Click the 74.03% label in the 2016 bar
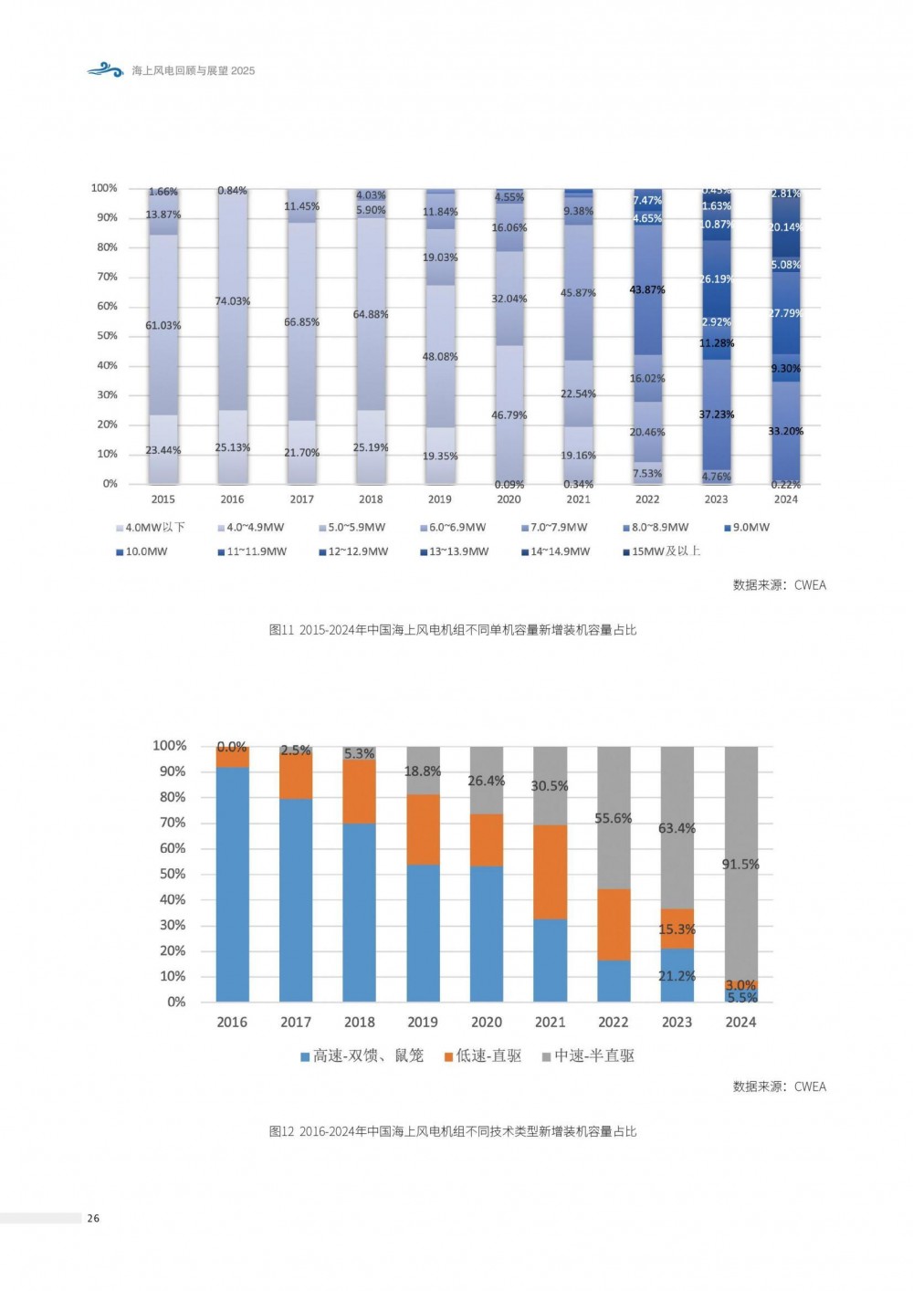pos(233,301)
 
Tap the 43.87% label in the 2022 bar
pos(647,289)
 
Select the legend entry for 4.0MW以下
pos(151,528)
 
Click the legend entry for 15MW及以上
pos(661,551)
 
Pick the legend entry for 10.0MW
pos(142,551)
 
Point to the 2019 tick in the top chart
pos(440,499)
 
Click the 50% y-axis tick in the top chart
pos(107,336)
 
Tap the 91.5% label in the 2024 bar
pos(740,864)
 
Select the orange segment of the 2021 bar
pos(550,871)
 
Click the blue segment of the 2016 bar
pos(232,884)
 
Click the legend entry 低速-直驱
pos(483,1055)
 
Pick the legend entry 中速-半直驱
pos(588,1055)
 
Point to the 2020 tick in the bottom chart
pos(487,1023)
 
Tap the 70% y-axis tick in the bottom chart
pos(173,823)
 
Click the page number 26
pos(93,1218)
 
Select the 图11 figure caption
pos(453,630)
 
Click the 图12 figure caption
pos(453,1131)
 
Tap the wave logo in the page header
pos(105,69)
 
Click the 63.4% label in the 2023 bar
pos(677,828)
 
